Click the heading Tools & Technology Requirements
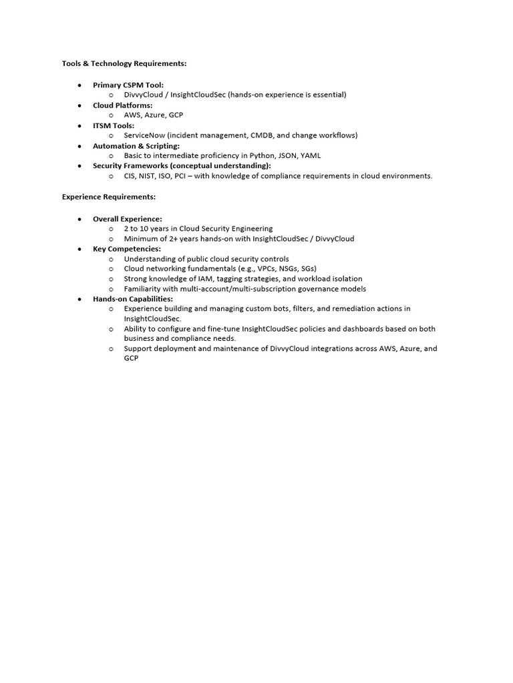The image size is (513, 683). coord(124,64)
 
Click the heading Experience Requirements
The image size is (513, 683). coord(109,197)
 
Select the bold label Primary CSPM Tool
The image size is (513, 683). coord(128,85)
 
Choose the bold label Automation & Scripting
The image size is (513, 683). coord(136,145)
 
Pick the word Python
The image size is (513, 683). coord(262,155)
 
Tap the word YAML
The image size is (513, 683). coord(311,155)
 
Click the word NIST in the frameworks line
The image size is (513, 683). coord(148,176)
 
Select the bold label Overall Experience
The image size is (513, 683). coord(128,219)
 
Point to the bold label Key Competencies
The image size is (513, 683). coord(127,249)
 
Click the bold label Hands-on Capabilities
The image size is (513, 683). coord(133,299)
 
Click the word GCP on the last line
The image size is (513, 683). coord(131,358)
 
